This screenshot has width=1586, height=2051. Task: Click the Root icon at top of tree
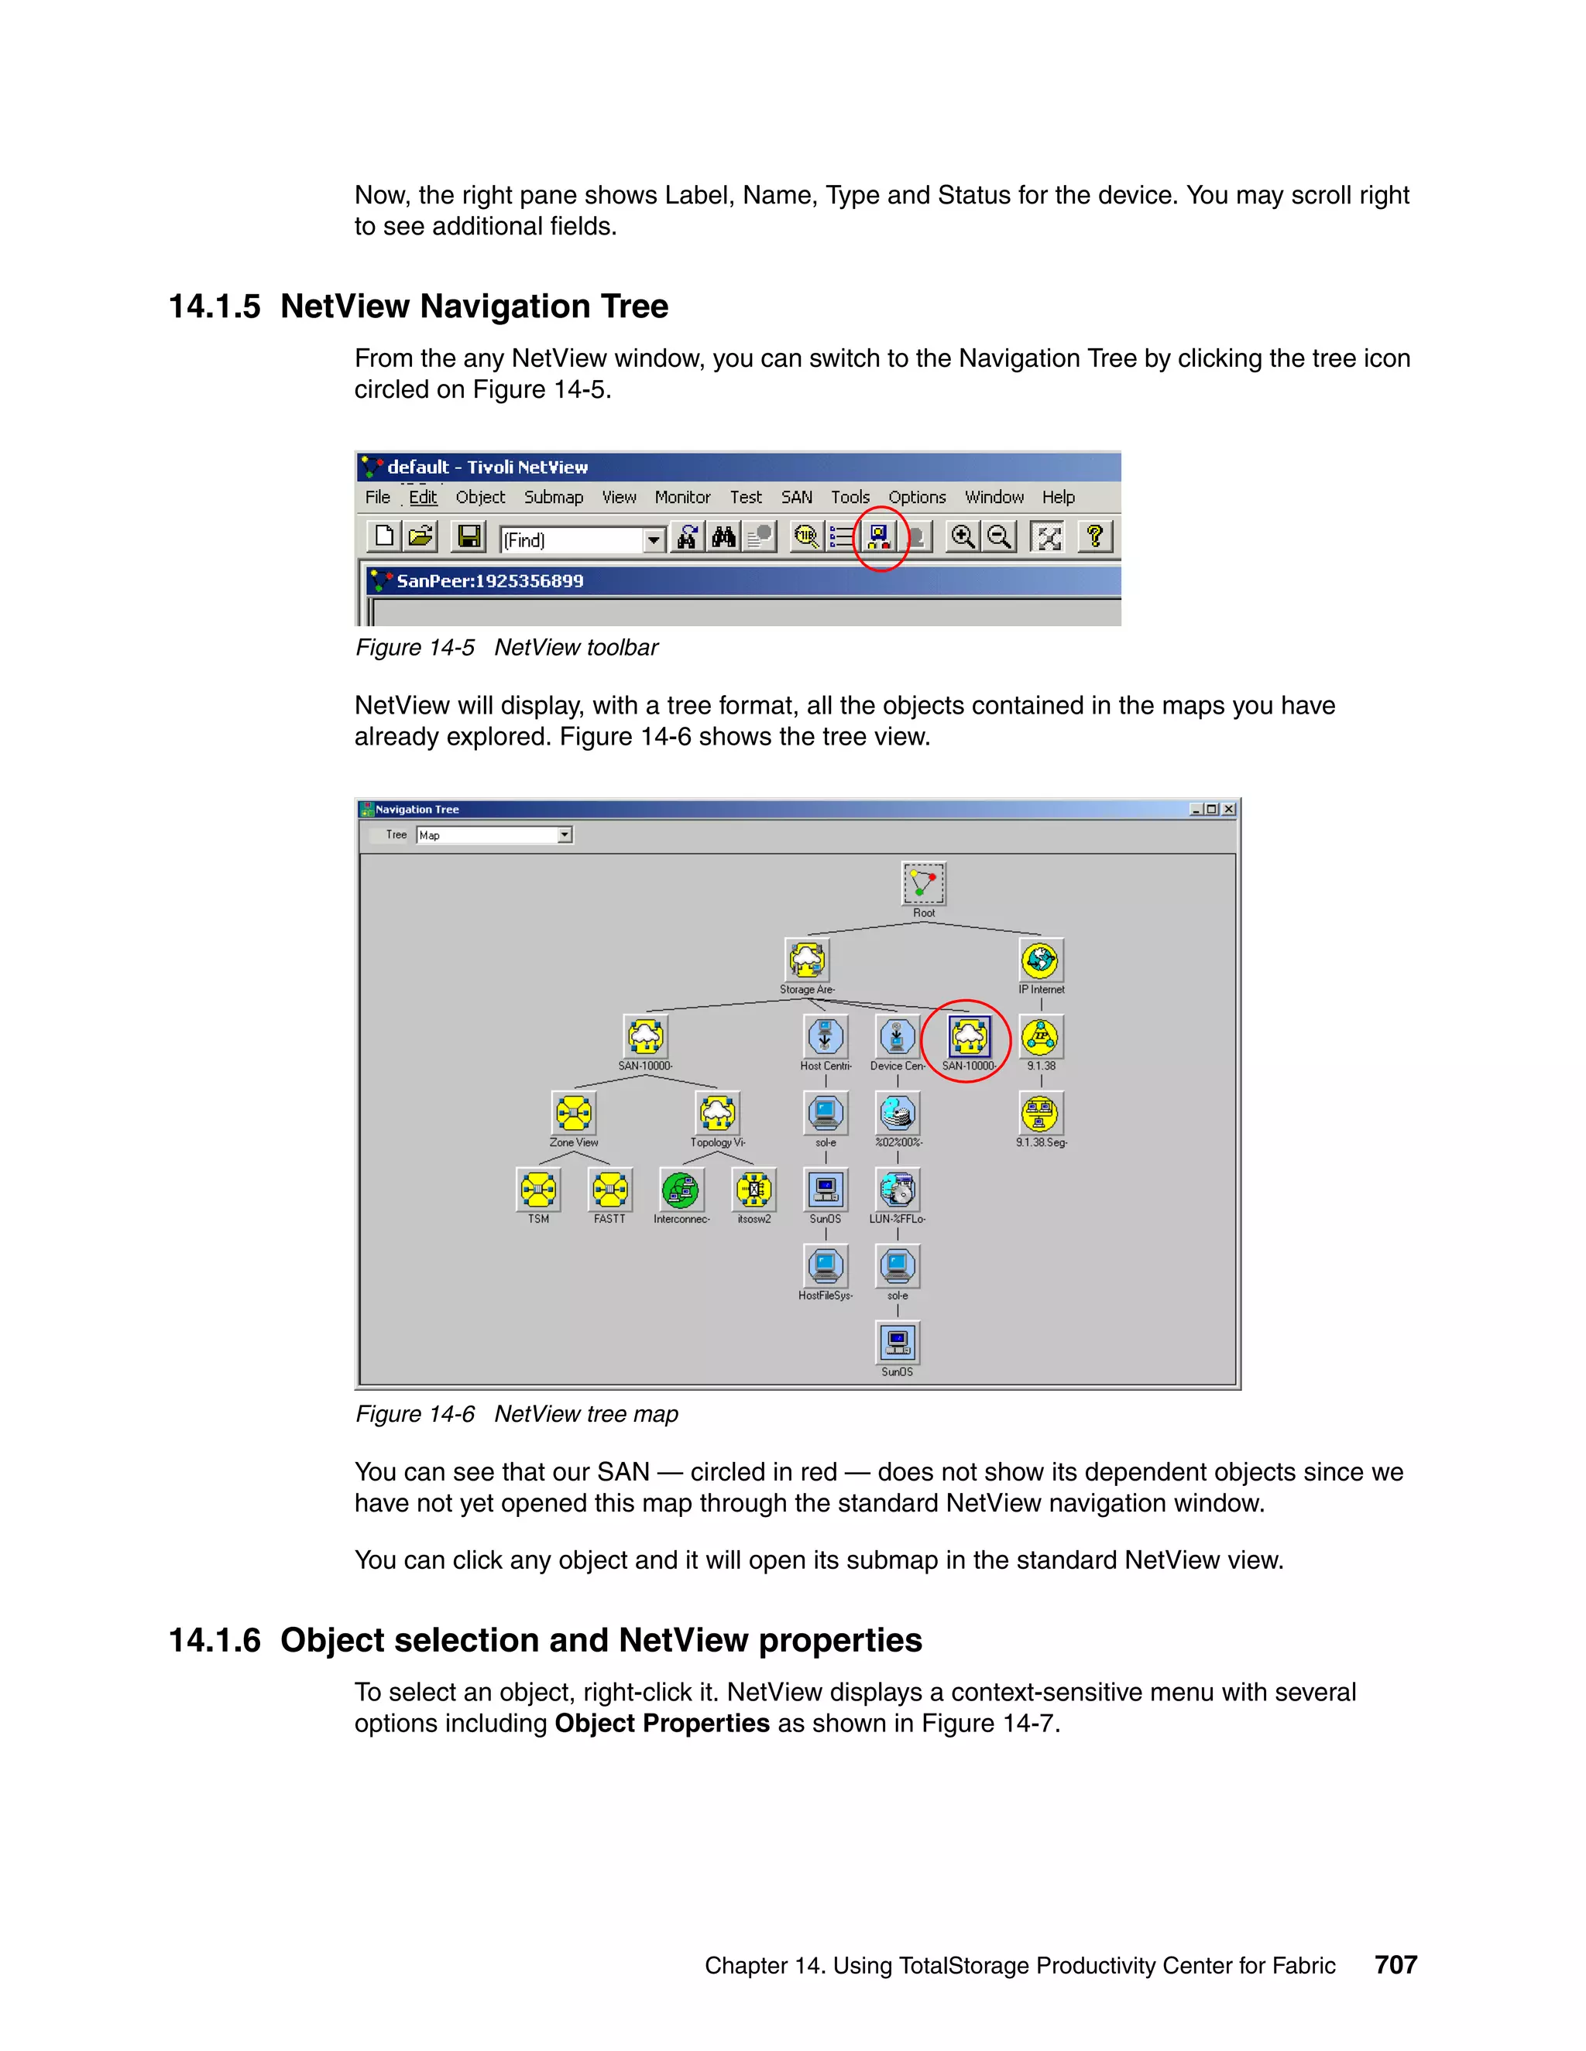(x=922, y=884)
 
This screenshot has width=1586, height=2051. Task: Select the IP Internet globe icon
(x=1041, y=960)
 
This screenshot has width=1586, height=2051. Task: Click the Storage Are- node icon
(x=807, y=960)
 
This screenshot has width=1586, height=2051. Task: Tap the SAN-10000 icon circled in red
(x=970, y=1037)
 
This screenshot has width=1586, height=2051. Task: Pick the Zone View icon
(x=573, y=1113)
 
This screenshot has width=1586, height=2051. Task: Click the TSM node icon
(x=538, y=1190)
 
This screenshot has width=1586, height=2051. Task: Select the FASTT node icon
(x=609, y=1190)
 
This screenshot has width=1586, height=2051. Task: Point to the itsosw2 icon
(x=754, y=1190)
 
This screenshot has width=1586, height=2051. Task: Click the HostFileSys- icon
(x=825, y=1266)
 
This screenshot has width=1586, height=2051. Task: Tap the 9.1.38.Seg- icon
(x=1040, y=1113)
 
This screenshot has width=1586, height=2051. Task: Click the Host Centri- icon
(x=825, y=1037)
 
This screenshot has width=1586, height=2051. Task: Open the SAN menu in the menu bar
(x=797, y=498)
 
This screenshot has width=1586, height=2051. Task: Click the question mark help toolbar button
(x=1094, y=537)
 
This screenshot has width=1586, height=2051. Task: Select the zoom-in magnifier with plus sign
(x=962, y=537)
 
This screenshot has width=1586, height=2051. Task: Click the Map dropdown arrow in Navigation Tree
(x=565, y=835)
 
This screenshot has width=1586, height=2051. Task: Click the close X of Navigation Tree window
(x=1228, y=810)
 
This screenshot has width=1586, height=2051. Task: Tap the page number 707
(x=1395, y=1964)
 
